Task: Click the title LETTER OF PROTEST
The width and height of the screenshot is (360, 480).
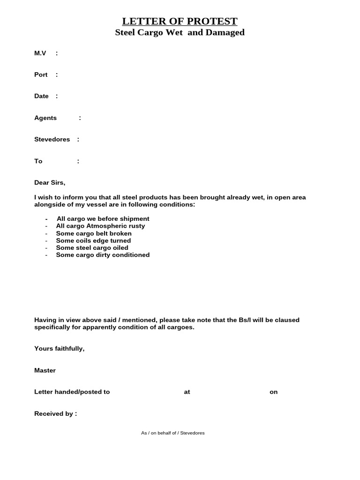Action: (x=180, y=21)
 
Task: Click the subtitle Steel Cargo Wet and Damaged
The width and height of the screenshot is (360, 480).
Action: (x=180, y=33)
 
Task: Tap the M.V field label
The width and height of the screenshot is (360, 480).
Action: (x=40, y=53)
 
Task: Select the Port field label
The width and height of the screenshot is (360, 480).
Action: (x=41, y=75)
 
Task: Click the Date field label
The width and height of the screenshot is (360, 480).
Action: (x=41, y=96)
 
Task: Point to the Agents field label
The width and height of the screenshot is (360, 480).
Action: (x=45, y=118)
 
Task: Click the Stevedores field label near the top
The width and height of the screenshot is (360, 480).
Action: (x=52, y=140)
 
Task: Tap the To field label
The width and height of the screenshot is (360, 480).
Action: (x=38, y=161)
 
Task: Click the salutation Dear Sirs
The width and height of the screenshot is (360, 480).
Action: (x=50, y=183)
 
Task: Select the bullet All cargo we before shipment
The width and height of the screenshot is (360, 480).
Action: (x=103, y=219)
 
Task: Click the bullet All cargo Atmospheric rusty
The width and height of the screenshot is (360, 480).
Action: (x=100, y=226)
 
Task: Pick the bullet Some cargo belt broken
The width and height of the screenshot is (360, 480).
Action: (x=94, y=233)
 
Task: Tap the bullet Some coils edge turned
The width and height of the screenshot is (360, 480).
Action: (x=93, y=240)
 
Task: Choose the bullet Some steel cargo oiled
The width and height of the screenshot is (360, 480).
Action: (x=92, y=247)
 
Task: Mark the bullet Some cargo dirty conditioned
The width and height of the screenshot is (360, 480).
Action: (x=103, y=255)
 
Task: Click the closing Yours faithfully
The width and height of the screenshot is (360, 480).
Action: (x=59, y=349)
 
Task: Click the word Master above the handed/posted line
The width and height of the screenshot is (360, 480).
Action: (x=45, y=370)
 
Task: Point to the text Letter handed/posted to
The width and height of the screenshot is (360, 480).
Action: (x=72, y=392)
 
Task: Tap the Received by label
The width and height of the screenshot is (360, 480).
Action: (x=55, y=414)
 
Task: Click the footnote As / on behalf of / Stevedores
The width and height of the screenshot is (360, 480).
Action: (x=172, y=433)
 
